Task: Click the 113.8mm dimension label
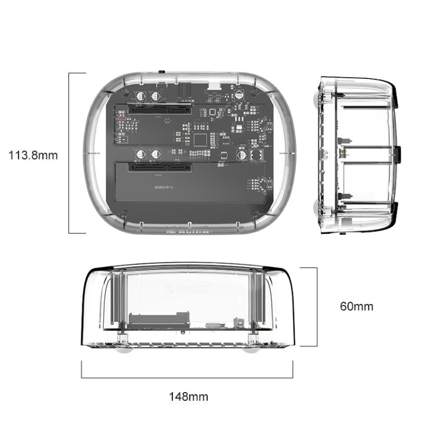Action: click(x=33, y=155)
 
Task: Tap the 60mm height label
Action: click(x=357, y=306)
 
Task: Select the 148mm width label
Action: click(x=188, y=397)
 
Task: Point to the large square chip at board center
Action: click(x=201, y=139)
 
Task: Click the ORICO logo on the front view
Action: click(x=189, y=288)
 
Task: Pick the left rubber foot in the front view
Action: click(x=124, y=349)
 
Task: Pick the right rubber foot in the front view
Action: click(x=253, y=349)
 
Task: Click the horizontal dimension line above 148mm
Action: click(x=187, y=378)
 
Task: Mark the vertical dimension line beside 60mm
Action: click(x=317, y=307)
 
